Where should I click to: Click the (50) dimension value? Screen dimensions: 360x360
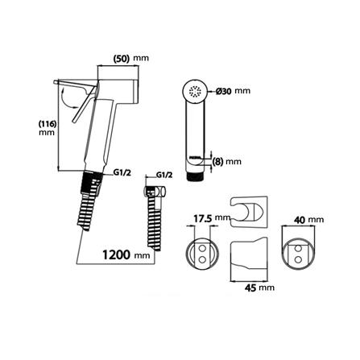tap(122, 58)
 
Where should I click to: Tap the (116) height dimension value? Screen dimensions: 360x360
tap(48, 124)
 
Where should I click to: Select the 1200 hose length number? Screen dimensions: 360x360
tap(116, 254)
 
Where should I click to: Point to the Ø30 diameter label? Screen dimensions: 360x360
tap(224, 91)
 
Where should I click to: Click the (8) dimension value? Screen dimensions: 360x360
tap(217, 162)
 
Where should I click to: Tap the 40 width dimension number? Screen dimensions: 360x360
tap(300, 220)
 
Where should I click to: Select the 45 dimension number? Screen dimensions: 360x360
tap(250, 288)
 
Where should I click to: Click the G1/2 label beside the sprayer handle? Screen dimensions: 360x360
tap(122, 173)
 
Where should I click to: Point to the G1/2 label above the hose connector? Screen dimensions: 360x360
tap(163, 175)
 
